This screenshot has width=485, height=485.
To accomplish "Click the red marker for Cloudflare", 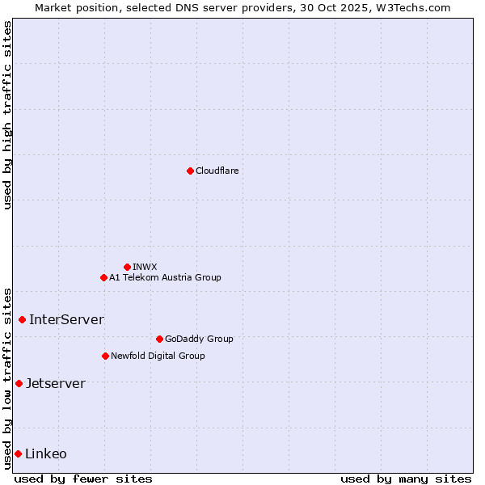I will click(x=190, y=171).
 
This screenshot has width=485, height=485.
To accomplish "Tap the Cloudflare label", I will click(x=217, y=171).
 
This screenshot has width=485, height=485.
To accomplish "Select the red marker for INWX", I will click(x=127, y=267).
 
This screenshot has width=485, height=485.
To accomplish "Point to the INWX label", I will click(x=145, y=267).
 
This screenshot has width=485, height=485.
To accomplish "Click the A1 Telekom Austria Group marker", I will click(x=103, y=277).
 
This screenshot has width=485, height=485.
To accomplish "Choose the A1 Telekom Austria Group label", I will click(x=165, y=277).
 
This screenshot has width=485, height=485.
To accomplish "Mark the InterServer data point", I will click(x=22, y=319).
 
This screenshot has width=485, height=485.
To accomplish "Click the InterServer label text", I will click(x=66, y=319).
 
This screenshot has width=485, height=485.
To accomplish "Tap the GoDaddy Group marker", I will click(x=159, y=339).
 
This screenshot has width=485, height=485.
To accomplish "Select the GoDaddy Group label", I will click(x=199, y=339).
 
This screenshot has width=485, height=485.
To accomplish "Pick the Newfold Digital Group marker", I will click(x=105, y=356).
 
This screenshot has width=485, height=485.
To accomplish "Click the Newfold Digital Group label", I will click(x=158, y=356).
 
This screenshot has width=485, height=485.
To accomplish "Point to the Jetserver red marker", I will click(x=19, y=383).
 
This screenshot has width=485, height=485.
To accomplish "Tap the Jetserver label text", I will click(x=55, y=383).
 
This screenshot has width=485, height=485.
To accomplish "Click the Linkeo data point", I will click(x=18, y=453).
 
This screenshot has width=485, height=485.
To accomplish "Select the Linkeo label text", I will click(x=46, y=453).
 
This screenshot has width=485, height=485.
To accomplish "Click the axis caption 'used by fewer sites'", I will click(x=83, y=479).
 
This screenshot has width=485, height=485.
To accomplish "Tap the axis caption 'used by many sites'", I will click(x=406, y=479).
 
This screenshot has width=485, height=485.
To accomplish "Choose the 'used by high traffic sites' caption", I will click(x=7, y=115).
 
